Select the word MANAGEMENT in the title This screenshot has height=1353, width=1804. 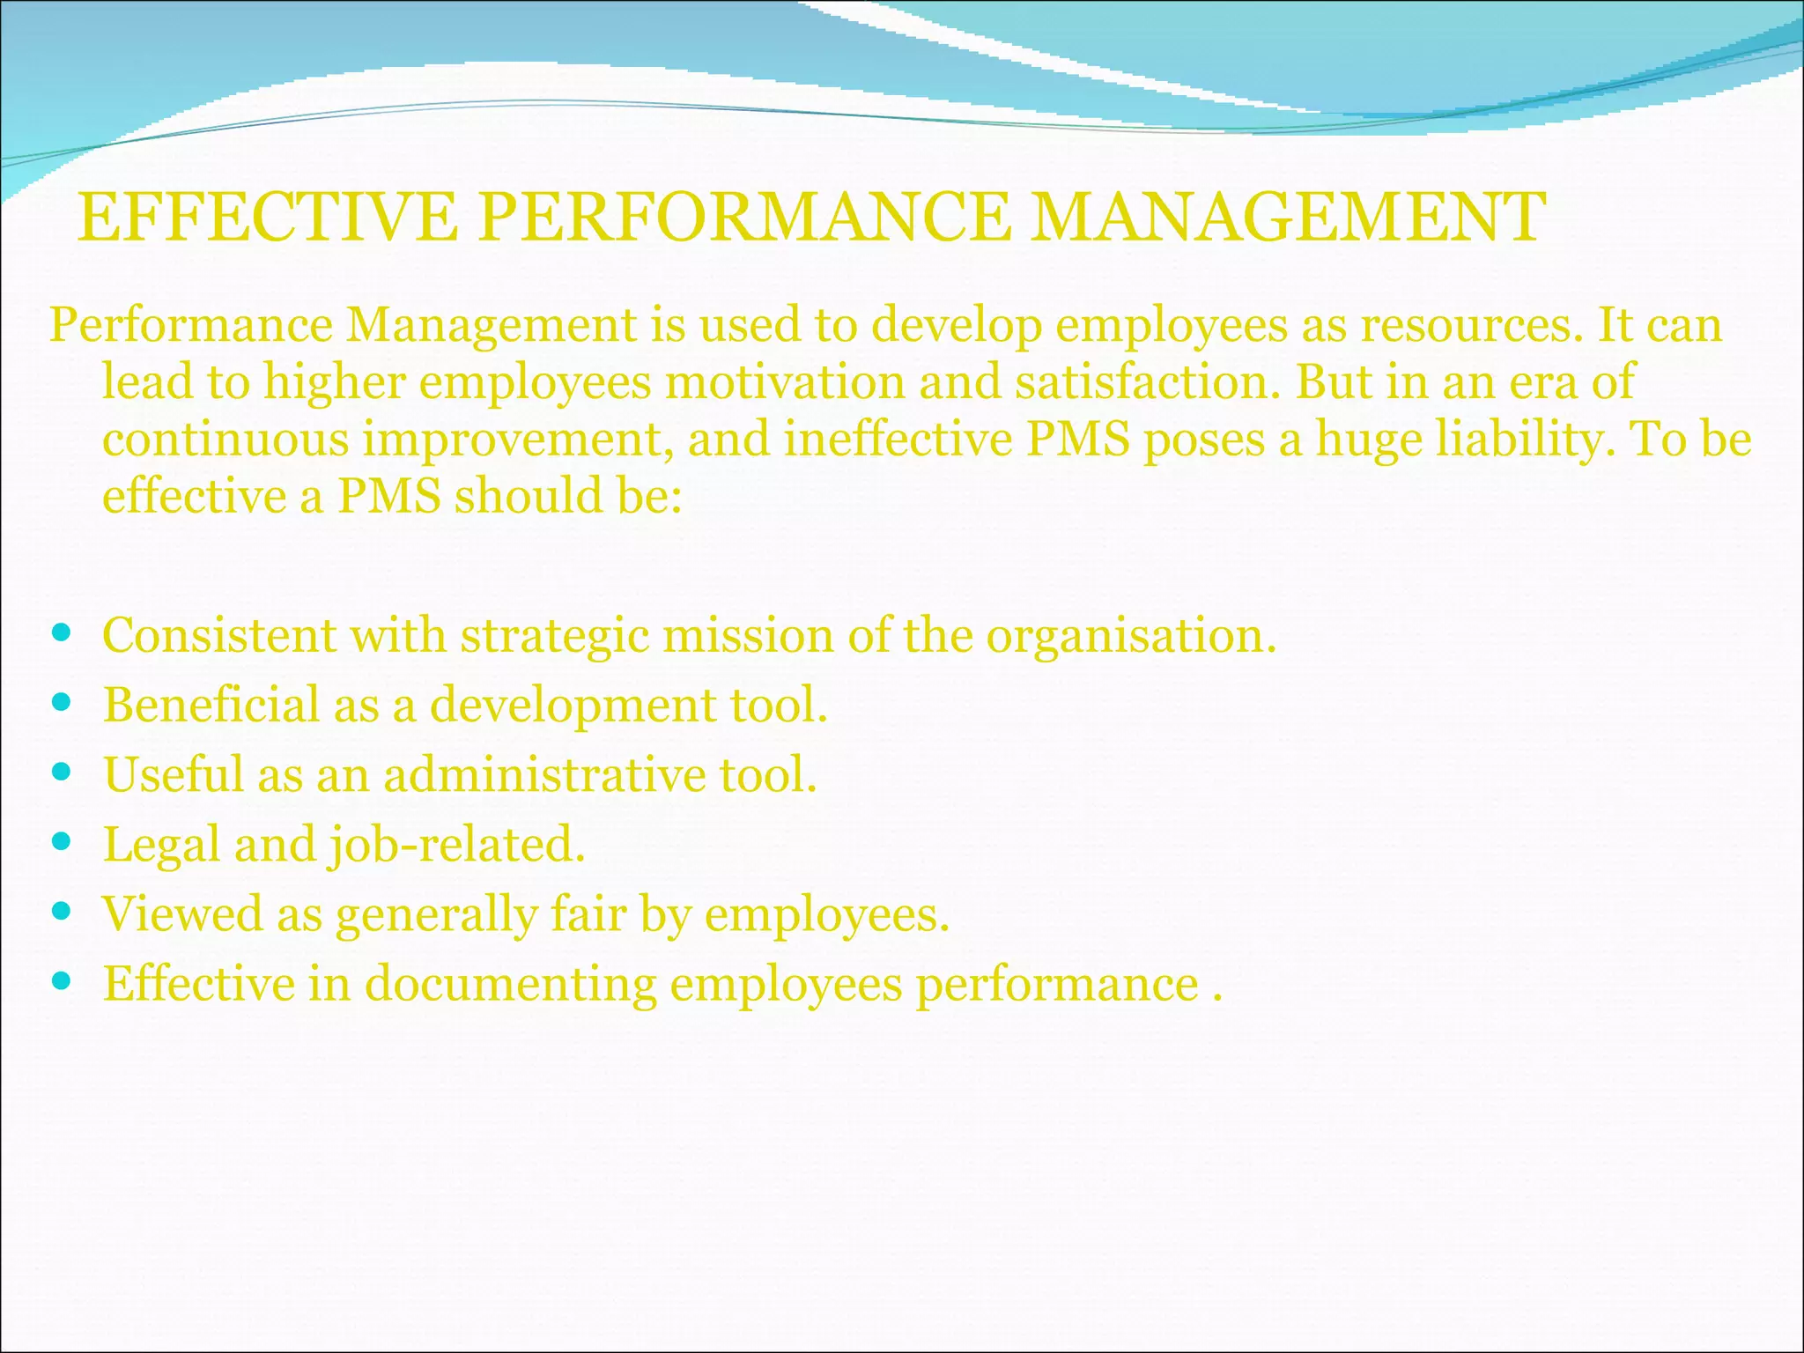click(x=1287, y=218)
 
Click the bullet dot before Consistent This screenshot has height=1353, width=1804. click(x=61, y=632)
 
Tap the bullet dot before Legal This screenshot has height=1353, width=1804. click(x=61, y=841)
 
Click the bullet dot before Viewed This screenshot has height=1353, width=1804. click(x=61, y=911)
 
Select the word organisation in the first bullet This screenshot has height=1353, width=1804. click(x=1130, y=636)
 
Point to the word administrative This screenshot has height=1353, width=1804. click(x=544, y=775)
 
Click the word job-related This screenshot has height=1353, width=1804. click(x=456, y=846)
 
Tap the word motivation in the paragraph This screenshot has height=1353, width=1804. click(x=785, y=382)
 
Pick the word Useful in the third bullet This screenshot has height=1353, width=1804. click(x=174, y=775)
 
